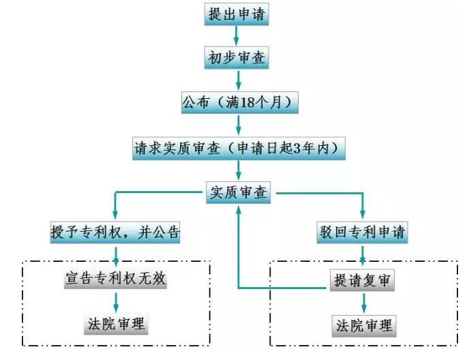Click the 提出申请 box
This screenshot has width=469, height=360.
237,14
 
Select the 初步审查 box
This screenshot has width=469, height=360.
237,57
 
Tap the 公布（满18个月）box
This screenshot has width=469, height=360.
240,103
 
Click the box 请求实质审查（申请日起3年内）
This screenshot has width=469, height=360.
239,149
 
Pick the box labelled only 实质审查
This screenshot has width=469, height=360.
239,192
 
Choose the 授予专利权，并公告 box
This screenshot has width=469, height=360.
115,232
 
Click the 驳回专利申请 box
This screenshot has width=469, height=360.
362,232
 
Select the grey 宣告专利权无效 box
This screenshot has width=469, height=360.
115,278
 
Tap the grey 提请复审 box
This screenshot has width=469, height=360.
362,280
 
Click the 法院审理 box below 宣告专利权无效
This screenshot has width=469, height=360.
116,324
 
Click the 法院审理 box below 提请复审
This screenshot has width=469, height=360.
364,326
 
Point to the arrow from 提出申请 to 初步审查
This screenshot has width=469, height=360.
237,35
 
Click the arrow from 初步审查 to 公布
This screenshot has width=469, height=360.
239,80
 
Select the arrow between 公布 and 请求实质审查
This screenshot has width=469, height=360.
239,125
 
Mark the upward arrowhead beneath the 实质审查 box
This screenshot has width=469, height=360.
239,211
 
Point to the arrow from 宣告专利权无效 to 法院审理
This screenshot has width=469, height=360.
116,302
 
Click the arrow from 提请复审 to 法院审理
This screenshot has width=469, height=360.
364,303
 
